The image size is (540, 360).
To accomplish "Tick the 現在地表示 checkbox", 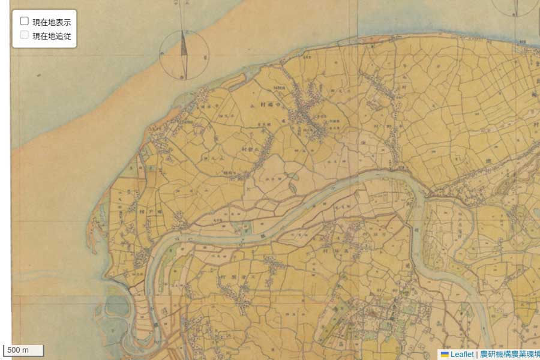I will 25,22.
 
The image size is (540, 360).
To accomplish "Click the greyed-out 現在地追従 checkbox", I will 25,35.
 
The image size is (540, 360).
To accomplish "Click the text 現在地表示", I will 52,22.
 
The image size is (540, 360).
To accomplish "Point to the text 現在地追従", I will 52,35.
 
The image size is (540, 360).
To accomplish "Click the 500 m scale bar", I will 23,350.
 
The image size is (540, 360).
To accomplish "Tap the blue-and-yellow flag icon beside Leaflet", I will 445,354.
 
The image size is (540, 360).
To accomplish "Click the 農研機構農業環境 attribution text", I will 509,354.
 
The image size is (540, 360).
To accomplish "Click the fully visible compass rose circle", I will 184,55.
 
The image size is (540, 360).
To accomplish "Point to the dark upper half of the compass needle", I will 184,44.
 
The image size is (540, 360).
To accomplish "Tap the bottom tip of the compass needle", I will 185,79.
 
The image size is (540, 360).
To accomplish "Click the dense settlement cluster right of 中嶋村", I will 312,117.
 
